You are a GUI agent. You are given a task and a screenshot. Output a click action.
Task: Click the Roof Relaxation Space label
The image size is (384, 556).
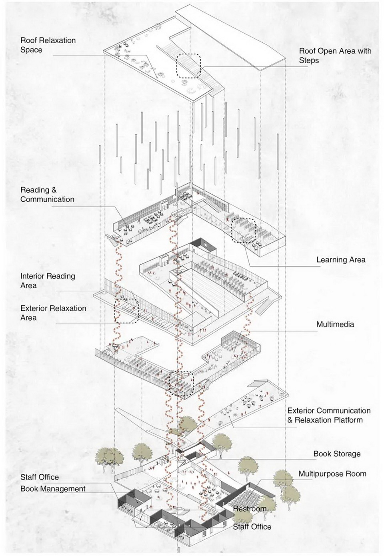click(x=48, y=45)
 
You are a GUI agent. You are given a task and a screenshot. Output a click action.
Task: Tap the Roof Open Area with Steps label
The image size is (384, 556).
click(x=335, y=56)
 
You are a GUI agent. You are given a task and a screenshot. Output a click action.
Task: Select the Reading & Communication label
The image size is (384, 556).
click(x=47, y=195)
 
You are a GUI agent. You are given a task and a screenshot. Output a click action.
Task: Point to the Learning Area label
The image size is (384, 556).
click(x=340, y=260)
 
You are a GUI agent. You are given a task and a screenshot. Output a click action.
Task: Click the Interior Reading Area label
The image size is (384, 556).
click(x=48, y=281)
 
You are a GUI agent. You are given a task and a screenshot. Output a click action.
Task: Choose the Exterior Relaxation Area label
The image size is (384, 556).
click(x=53, y=313)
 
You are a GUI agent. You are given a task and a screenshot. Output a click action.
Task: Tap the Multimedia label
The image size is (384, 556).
click(x=335, y=324)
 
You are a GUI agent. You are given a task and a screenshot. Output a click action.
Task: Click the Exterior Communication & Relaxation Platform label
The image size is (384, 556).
click(x=328, y=415)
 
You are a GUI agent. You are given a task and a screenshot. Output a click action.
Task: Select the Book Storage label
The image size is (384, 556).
click(x=336, y=454)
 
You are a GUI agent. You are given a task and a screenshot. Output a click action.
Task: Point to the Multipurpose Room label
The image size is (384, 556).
click(x=332, y=474)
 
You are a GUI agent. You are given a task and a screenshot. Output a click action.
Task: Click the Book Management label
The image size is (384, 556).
click(x=53, y=489)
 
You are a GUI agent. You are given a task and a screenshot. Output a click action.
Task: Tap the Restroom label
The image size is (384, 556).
click(x=250, y=508)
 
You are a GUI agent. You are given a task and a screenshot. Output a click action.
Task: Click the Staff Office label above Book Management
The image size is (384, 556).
click(x=40, y=477)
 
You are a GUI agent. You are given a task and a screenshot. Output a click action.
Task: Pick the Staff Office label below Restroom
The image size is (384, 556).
click(x=252, y=527)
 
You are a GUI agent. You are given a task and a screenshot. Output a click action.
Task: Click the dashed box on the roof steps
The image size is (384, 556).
click(x=189, y=66)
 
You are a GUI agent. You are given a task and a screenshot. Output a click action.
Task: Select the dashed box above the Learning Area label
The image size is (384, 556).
click(x=244, y=231)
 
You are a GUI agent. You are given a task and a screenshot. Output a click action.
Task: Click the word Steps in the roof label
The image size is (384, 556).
click(x=309, y=60)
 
